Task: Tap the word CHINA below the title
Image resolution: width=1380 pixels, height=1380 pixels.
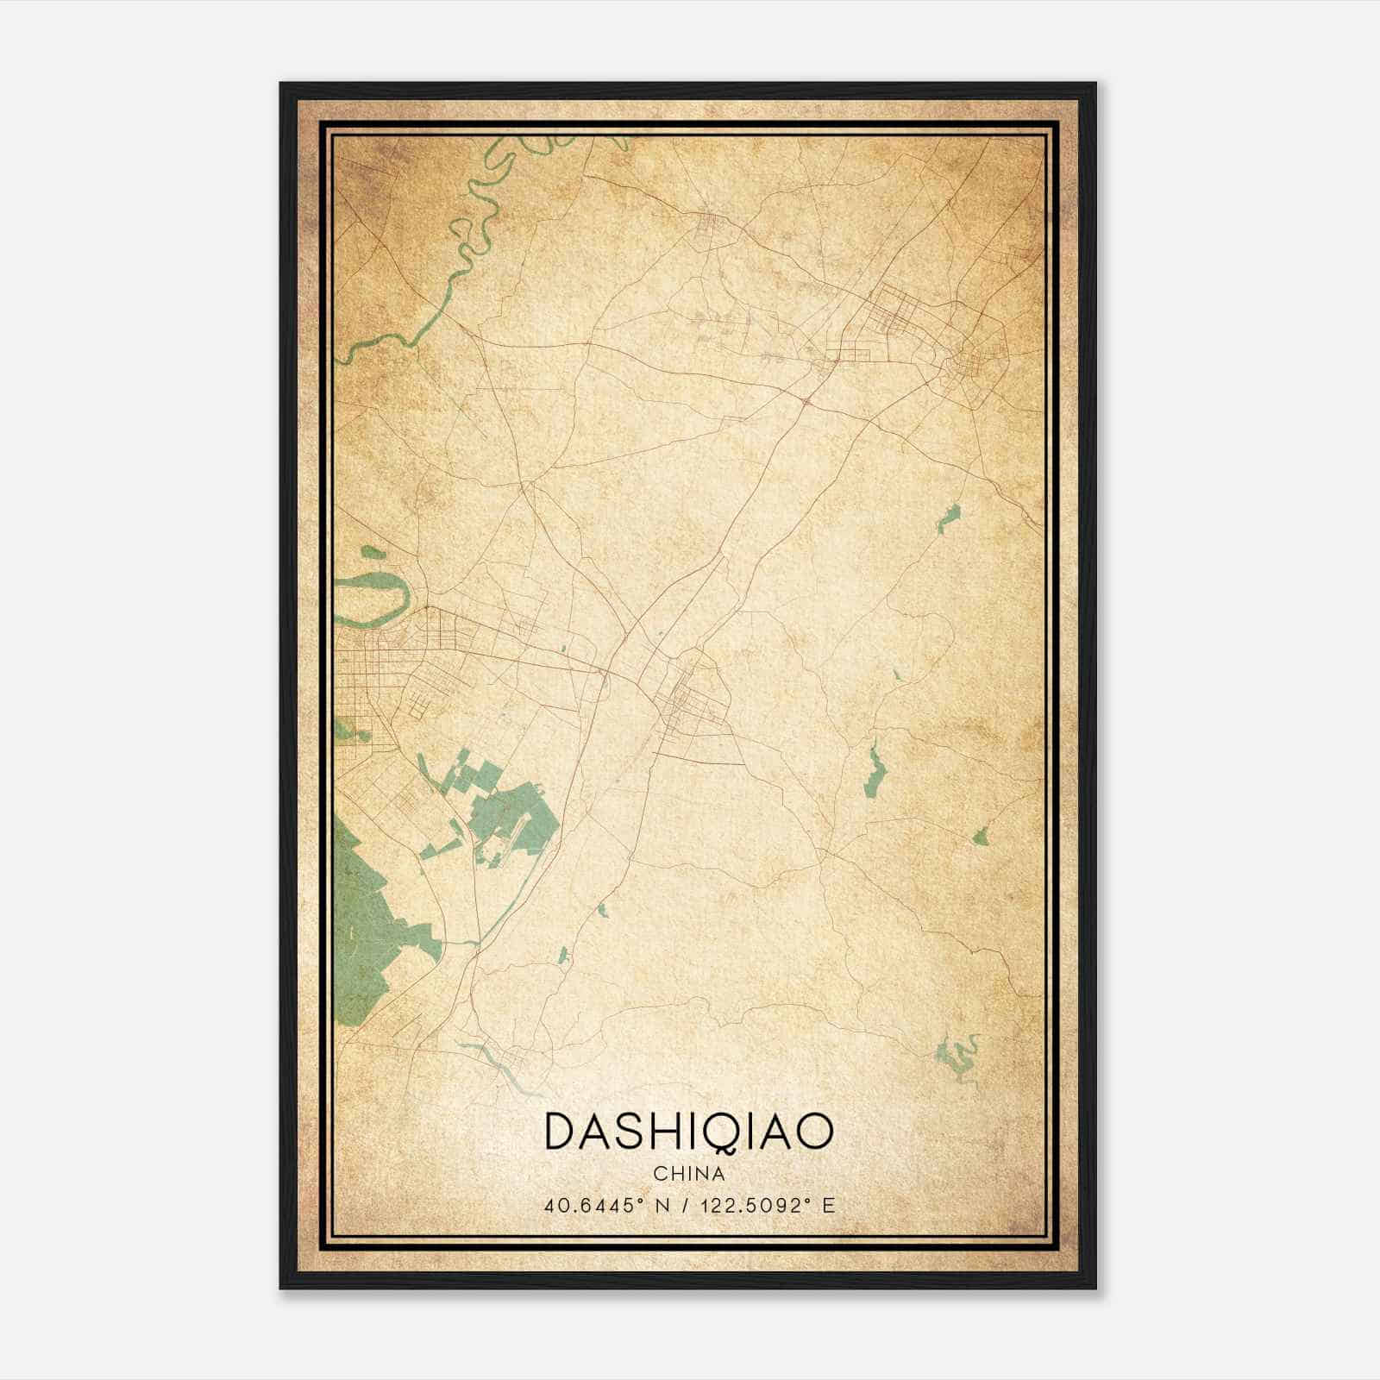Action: tap(689, 1173)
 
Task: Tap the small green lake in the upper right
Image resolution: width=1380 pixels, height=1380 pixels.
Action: tap(948, 518)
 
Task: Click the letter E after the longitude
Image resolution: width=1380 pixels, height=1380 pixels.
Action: tap(829, 1206)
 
